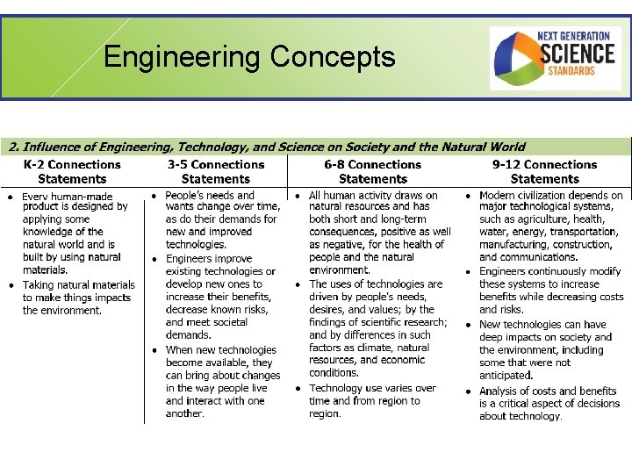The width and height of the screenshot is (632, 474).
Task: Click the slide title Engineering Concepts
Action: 249,57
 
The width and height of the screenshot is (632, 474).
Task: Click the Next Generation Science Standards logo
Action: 555,59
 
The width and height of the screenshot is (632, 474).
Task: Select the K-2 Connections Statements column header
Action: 72,171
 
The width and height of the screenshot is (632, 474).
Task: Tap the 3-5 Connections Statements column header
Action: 216,171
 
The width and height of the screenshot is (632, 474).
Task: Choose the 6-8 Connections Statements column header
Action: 372,171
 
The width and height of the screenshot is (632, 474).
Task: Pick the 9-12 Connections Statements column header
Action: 544,171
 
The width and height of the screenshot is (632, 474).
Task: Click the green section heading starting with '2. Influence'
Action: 263,147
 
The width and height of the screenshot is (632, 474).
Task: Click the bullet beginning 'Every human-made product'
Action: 77,233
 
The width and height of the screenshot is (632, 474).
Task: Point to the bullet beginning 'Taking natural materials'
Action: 79,297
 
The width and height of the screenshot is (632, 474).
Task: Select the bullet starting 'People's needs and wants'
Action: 221,219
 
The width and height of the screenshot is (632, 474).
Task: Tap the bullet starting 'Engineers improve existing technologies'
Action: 221,297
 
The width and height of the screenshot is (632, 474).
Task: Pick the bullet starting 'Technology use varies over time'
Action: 372,400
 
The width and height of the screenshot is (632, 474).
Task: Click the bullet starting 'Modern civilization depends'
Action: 551,226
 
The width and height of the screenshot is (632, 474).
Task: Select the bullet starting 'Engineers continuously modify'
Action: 551,291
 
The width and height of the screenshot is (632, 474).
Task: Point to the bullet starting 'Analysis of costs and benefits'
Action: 549,404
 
